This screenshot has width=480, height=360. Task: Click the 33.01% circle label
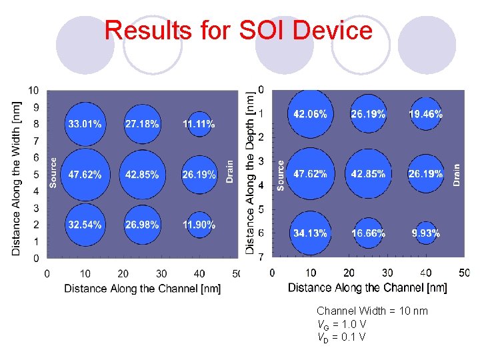[85, 124]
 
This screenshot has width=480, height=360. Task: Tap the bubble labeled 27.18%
[142, 124]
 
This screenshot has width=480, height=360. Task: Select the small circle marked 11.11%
[199, 124]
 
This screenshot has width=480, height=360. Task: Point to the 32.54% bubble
[85, 225]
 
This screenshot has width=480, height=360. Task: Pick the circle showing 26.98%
[142, 225]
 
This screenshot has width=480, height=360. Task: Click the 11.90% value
[199, 225]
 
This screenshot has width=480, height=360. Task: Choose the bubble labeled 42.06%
[310, 114]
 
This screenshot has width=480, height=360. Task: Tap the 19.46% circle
[425, 114]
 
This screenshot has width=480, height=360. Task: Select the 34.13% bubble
[310, 233]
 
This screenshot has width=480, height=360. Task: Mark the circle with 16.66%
[368, 233]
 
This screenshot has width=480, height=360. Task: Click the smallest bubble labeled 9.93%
[425, 233]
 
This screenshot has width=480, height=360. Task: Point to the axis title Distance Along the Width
[17, 177]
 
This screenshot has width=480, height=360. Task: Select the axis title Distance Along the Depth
[251, 172]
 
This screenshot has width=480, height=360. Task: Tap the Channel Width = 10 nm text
[372, 311]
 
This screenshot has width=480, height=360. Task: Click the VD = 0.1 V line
[341, 337]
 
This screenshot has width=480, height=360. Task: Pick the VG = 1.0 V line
[342, 324]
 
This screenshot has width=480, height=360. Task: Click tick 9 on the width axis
[35, 107]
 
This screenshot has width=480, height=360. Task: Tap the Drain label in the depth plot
[457, 175]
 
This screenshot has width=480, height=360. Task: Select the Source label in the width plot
[54, 172]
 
